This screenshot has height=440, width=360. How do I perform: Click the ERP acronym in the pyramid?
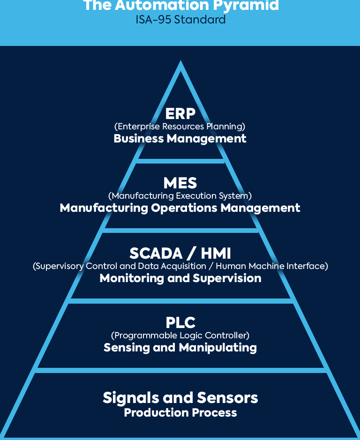pyautogui.click(x=180, y=114)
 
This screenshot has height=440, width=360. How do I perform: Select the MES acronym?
pyautogui.click(x=180, y=183)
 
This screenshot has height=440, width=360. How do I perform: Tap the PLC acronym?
pyautogui.click(x=180, y=322)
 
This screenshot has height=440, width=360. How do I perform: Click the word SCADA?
pyautogui.click(x=156, y=254)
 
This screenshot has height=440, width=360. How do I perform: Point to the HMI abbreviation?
pyautogui.click(x=216, y=254)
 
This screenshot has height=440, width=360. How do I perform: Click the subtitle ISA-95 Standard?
pyautogui.click(x=180, y=20)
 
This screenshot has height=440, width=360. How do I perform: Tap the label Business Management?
pyautogui.click(x=180, y=139)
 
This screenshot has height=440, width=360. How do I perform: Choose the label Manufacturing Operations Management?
pyautogui.click(x=180, y=208)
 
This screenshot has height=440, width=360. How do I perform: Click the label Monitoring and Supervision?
pyautogui.click(x=180, y=278)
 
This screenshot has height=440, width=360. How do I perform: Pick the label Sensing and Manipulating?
pyautogui.click(x=180, y=347)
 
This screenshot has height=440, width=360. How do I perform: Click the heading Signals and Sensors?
pyautogui.click(x=180, y=398)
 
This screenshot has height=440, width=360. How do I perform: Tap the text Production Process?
pyautogui.click(x=180, y=413)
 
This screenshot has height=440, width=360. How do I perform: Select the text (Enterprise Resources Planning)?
pyautogui.click(x=180, y=127)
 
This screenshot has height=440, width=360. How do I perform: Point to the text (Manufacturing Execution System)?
pyautogui.click(x=180, y=195)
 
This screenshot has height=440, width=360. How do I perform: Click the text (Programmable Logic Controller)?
pyautogui.click(x=180, y=335)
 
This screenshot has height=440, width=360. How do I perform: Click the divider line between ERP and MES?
pyautogui.click(x=180, y=161)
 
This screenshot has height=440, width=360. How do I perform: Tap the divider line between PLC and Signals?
pyautogui.click(x=180, y=370)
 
